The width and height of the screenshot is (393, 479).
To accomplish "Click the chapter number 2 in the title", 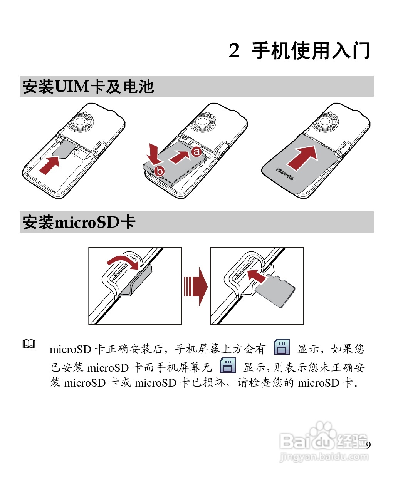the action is coord(234,51).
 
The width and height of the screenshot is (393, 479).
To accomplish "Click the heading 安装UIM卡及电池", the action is coord(88,87).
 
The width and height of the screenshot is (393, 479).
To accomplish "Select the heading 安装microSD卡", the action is coord(79,223).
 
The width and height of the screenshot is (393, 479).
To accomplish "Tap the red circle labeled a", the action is coord(196,152).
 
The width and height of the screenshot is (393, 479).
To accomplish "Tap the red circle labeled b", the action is coord(159,171).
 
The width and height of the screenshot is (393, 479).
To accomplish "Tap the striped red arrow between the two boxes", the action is coord(195,287).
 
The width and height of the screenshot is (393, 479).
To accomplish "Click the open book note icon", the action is coord(29,344).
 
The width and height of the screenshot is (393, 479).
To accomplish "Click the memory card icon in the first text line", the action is coord(282,347).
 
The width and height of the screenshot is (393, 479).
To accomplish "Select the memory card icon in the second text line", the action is coord(227,366).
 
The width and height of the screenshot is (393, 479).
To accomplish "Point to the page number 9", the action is coord(368,446).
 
